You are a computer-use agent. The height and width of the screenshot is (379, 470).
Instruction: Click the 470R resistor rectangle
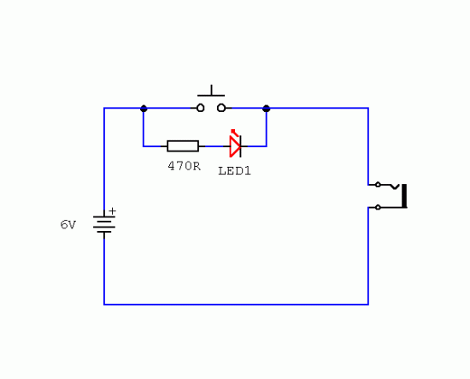pyautogui.click(x=183, y=146)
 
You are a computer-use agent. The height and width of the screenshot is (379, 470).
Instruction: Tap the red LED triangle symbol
pyautogui.click(x=235, y=146)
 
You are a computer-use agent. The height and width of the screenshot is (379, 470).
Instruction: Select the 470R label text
pyautogui.click(x=184, y=166)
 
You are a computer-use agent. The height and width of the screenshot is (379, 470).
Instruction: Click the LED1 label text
pyautogui.click(x=234, y=171)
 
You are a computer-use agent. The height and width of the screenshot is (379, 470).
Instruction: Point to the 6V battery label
pyautogui.click(x=68, y=224)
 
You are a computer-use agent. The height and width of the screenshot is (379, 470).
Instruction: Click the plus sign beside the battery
pyautogui.click(x=113, y=211)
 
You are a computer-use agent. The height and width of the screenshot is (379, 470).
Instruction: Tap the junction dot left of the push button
pyautogui.click(x=144, y=109)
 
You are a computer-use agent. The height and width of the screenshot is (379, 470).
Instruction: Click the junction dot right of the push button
pyautogui.click(x=266, y=109)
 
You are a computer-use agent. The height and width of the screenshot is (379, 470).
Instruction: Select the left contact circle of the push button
pyautogui.click(x=200, y=108)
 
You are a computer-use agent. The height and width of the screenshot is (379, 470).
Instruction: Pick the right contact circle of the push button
pyautogui.click(x=221, y=108)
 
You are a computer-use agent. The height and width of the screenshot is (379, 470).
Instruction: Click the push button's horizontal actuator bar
pyautogui.click(x=211, y=96)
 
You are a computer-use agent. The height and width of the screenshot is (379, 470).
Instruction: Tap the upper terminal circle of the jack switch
pyautogui.click(x=378, y=185)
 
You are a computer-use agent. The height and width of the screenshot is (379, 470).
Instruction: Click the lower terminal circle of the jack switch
pyautogui.click(x=378, y=207)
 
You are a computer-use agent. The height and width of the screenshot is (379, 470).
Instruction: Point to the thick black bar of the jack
pyautogui.click(x=404, y=196)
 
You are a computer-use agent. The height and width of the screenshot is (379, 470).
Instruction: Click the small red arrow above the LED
pyautogui.click(x=235, y=133)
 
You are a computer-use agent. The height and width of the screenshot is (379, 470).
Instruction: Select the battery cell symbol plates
pyautogui.click(x=104, y=224)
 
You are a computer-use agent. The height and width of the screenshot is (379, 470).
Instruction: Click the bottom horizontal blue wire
pyautogui.click(x=236, y=305)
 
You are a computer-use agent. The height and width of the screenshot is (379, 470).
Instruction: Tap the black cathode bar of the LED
pyautogui.click(x=240, y=146)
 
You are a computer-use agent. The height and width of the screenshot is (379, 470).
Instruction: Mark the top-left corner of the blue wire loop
pyautogui.click(x=104, y=108)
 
